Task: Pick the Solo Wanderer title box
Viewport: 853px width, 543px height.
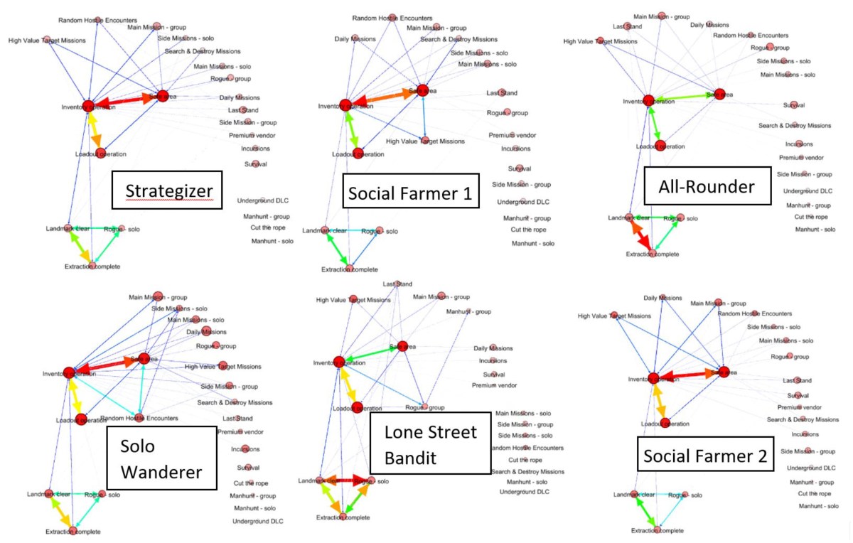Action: pos(161,457)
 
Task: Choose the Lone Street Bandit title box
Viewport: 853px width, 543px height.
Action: pos(430,443)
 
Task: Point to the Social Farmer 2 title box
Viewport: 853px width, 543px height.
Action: pos(704,457)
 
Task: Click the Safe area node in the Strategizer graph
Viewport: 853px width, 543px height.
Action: pos(163,96)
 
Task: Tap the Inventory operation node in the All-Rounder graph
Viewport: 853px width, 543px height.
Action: pos(648,101)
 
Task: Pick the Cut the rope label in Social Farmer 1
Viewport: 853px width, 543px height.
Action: pos(528,230)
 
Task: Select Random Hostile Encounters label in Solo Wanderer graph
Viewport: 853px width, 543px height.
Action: pos(139,418)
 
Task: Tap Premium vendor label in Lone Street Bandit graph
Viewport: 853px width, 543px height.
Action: pos(495,385)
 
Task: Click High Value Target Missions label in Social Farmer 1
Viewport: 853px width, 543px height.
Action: pos(425,141)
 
